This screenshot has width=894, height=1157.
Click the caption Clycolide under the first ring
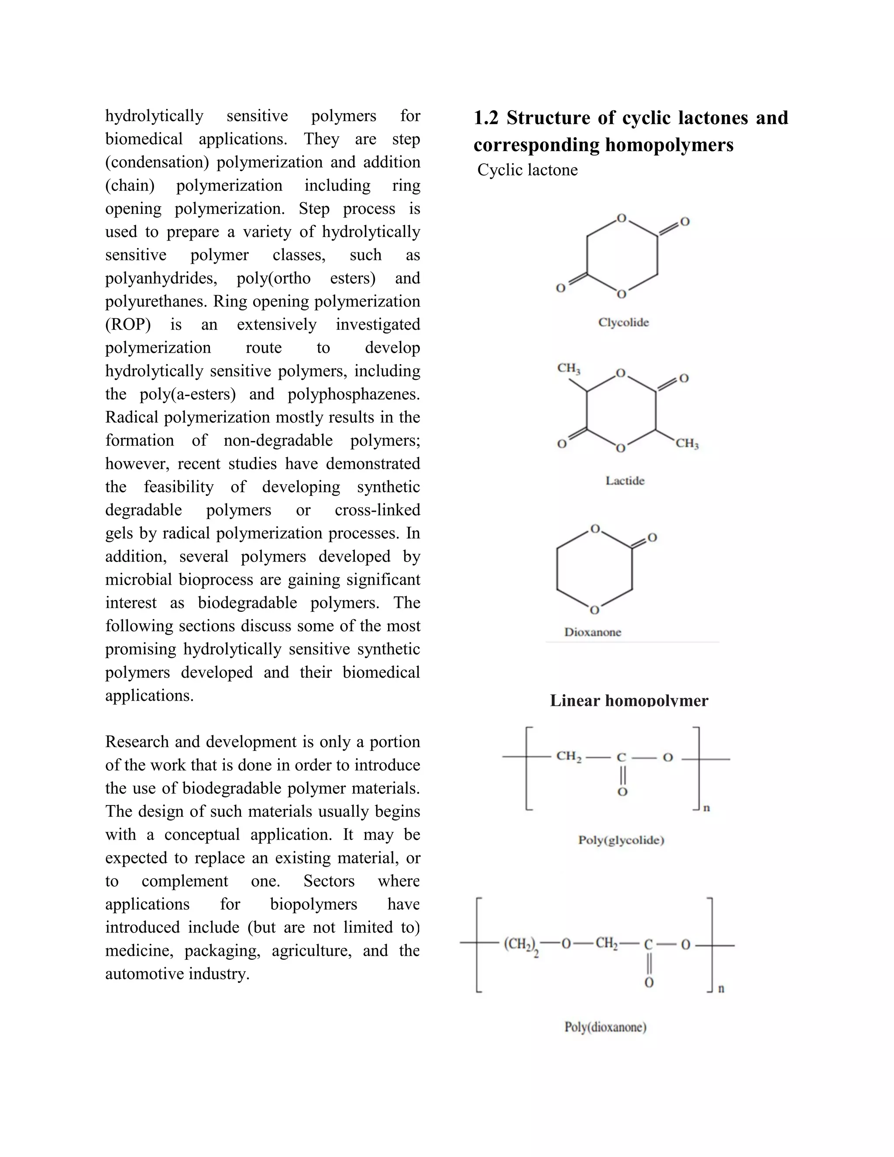(x=623, y=322)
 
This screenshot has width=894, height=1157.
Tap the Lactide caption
(x=625, y=481)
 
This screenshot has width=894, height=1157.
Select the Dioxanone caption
(x=593, y=632)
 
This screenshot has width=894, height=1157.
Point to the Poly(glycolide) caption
(x=621, y=840)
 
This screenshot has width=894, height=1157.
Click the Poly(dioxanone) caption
(x=605, y=1027)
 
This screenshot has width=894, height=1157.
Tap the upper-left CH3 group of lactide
(x=568, y=368)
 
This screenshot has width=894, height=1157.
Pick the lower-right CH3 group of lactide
(x=687, y=444)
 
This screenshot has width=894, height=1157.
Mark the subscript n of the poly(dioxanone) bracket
(x=721, y=988)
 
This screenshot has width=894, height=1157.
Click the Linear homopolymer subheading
(x=629, y=700)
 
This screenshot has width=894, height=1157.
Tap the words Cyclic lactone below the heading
(x=527, y=170)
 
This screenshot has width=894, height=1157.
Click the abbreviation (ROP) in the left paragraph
(x=127, y=325)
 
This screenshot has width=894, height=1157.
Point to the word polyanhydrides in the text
(x=161, y=278)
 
